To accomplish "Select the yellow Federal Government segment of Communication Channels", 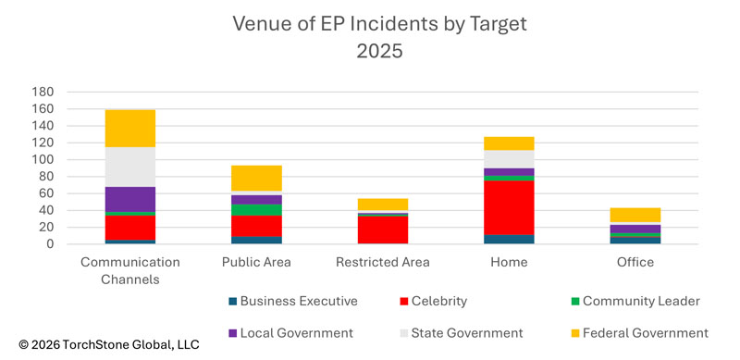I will click(x=129, y=128).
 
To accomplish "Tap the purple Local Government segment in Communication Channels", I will click(x=129, y=199).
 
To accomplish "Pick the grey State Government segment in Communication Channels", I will click(x=129, y=167).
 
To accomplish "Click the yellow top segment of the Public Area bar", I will click(x=256, y=178).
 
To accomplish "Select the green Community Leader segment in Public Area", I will click(x=256, y=210).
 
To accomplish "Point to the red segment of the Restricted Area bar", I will click(x=382, y=230).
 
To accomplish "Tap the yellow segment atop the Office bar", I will click(x=635, y=215).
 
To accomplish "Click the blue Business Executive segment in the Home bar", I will click(x=509, y=239).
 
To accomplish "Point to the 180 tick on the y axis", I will click(x=43, y=92).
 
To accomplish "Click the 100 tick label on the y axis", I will click(x=43, y=159).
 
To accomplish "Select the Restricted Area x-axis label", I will click(x=382, y=262).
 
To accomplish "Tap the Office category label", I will click(x=635, y=262).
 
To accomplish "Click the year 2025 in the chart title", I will click(x=379, y=51).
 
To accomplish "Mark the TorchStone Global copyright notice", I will click(x=100, y=344).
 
